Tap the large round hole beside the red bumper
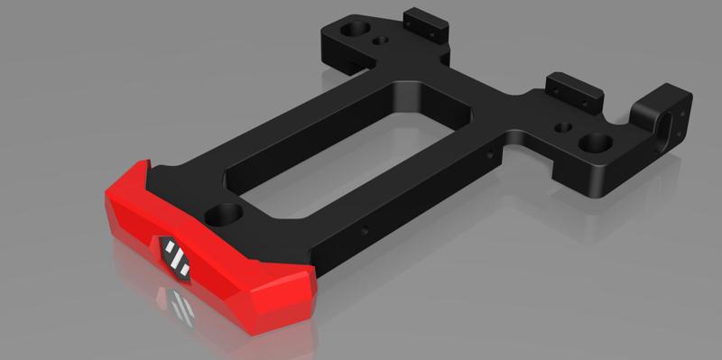224,215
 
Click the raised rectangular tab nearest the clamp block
573,88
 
